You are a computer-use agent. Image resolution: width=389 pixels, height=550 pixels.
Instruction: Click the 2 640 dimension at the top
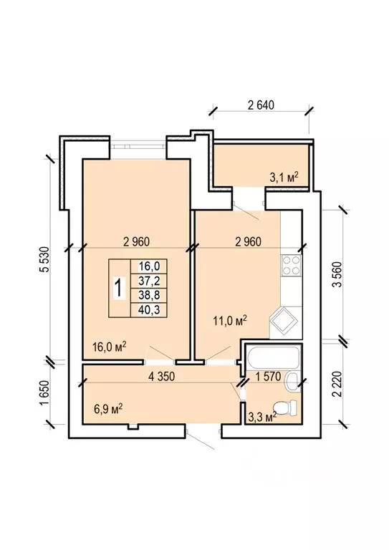click(261, 105)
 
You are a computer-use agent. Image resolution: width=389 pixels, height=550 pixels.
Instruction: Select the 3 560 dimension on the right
click(337, 274)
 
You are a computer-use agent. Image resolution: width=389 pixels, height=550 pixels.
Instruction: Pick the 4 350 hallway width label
click(162, 377)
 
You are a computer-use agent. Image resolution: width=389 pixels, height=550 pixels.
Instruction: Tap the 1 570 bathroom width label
click(269, 377)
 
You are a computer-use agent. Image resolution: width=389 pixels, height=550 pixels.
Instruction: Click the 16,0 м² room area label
click(110, 347)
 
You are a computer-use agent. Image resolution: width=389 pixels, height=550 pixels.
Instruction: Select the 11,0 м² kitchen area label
click(230, 320)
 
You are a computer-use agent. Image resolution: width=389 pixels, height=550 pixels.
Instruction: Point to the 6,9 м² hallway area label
click(108, 408)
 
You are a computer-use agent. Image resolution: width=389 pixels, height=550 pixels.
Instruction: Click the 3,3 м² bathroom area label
click(262, 417)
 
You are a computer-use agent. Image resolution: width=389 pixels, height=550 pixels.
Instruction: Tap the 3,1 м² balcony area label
click(284, 177)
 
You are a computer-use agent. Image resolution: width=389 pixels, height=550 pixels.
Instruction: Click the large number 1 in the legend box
click(119, 288)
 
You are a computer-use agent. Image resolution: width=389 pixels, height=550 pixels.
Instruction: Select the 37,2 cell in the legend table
click(149, 281)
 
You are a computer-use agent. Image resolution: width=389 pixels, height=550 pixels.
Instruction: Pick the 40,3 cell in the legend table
click(149, 309)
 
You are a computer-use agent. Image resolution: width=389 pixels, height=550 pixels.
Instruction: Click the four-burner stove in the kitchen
click(292, 265)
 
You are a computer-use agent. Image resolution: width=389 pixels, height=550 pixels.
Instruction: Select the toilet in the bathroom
click(286, 407)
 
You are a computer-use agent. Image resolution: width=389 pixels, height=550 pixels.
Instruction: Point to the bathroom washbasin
click(293, 382)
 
